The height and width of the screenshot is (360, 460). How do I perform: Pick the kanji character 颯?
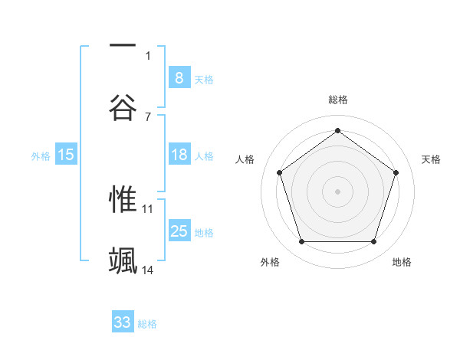point(123,260)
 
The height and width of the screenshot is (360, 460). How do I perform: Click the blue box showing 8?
point(179,77)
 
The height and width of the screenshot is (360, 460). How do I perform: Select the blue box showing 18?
point(179,155)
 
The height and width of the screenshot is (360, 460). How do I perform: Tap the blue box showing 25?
point(179,231)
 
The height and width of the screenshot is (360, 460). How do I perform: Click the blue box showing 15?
point(66,155)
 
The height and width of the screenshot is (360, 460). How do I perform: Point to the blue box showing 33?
point(123,322)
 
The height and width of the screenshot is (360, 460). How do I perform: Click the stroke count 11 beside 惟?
point(148,208)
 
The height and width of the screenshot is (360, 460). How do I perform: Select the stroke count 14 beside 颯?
point(148,270)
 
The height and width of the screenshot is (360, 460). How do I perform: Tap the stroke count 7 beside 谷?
point(148,116)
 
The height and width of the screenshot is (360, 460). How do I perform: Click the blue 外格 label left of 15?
point(41,155)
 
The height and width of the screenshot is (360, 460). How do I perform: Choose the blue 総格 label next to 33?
point(147,324)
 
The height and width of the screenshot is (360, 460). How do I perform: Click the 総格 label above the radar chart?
point(337,100)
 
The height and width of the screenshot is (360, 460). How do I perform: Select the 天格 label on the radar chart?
point(431,159)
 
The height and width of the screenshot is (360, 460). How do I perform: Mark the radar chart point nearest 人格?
point(279,172)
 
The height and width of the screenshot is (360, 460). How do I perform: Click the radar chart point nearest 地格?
point(373,242)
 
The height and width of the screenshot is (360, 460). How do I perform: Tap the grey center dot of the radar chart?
point(337,191)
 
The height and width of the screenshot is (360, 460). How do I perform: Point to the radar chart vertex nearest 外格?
point(301,242)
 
